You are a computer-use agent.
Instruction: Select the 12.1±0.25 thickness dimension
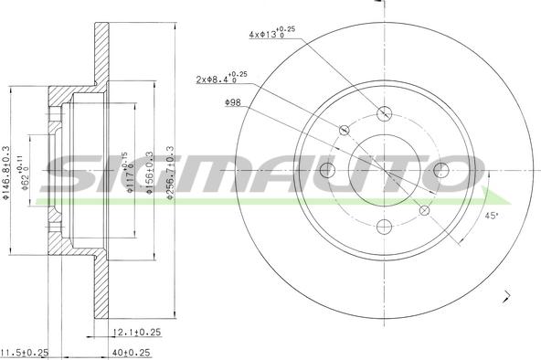[137, 333]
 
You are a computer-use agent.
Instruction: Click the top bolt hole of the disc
[385, 114]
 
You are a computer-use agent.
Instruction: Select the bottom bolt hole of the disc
[385, 227]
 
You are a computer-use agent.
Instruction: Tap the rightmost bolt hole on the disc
[441, 170]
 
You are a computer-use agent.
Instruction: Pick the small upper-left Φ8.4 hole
[345, 131]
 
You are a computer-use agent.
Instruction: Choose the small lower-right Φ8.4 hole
[424, 210]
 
